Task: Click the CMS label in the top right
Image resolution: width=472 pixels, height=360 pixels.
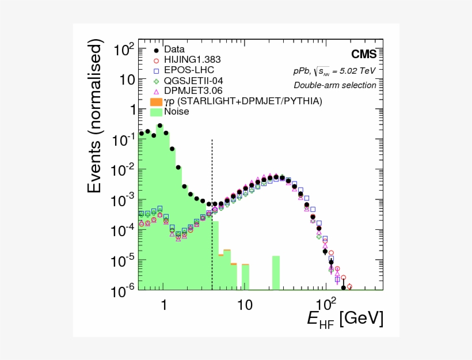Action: pos(364,55)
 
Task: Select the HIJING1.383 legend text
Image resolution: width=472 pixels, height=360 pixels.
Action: pos(192,60)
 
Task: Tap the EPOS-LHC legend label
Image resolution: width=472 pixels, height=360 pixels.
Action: pos(189,70)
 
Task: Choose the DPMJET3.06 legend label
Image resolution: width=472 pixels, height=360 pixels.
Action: pos(192,91)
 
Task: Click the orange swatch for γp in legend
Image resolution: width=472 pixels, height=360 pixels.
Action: pos(155,101)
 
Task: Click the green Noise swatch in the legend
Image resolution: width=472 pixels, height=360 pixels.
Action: pos(155,112)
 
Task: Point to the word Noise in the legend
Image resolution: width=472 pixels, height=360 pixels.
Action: pos(176,112)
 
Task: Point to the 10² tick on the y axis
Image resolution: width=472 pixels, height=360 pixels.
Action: pos(124,50)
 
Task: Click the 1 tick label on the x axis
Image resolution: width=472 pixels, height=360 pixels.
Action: pos(164,304)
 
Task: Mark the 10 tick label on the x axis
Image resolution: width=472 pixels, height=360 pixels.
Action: pos(245,304)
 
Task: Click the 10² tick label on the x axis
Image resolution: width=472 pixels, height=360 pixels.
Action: pos(326,302)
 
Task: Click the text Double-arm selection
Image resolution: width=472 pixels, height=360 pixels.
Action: pos(335,85)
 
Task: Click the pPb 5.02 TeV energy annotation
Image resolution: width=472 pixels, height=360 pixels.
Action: pos(334,71)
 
